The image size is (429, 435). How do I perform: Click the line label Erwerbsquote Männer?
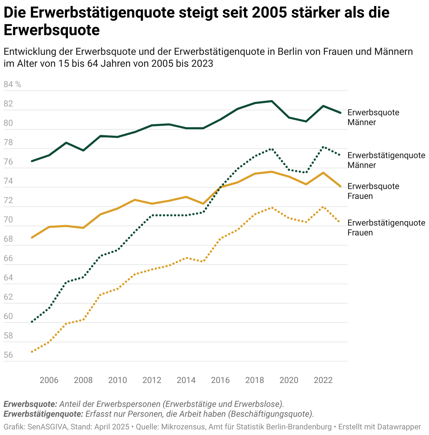pos(373,117)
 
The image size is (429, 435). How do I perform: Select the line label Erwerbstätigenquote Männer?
pos(386,160)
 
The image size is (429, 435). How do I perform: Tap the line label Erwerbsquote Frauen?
pos(373,191)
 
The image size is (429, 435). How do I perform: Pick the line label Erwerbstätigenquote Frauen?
pos(386,228)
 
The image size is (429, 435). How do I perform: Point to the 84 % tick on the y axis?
pos(12,85)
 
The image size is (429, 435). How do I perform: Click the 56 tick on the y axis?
pos(8,355)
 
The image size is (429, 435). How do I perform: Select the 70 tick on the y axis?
pos(8,220)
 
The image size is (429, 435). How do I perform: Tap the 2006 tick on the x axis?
pos(49,380)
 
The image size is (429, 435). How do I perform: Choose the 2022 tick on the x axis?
pos(323,380)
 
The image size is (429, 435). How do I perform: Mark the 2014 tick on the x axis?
pos(186,380)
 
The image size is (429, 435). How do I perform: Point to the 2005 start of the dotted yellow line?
pos(32,352)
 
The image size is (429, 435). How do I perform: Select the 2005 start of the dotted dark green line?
pos(32,322)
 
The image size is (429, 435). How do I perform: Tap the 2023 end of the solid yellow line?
pos(340,186)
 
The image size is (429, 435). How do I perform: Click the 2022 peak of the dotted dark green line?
pos(323,147)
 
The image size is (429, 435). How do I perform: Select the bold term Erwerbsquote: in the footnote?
pos(30,404)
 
